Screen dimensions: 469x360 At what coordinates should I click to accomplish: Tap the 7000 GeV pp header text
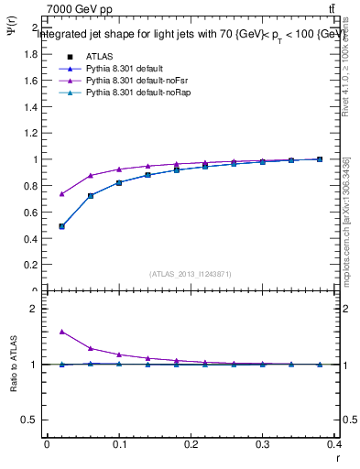(x=80, y=9)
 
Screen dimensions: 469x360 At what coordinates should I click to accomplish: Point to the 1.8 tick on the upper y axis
(x=31, y=54)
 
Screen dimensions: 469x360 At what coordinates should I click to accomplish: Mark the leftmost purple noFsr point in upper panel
(x=61, y=194)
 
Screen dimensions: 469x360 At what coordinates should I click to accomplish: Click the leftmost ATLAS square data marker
(x=61, y=226)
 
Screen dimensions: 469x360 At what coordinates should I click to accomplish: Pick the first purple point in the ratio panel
(x=61, y=332)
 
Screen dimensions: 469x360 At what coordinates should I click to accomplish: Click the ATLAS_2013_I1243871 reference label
(x=191, y=274)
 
